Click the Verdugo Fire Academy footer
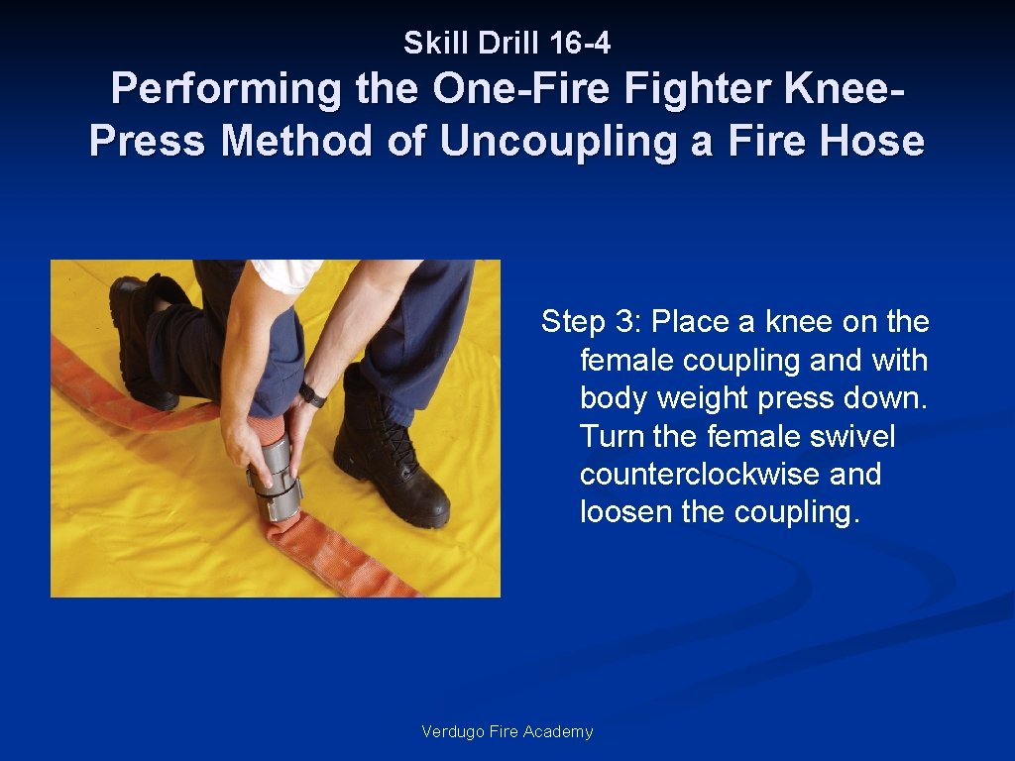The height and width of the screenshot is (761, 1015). tap(507, 732)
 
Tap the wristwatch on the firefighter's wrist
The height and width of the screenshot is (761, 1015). tap(312, 394)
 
